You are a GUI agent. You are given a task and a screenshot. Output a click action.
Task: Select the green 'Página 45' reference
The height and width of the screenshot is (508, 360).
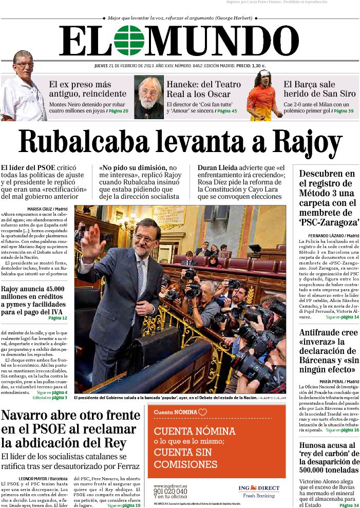coord(226,111)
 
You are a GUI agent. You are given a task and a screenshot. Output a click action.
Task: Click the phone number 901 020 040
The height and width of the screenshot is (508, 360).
coord(170,491)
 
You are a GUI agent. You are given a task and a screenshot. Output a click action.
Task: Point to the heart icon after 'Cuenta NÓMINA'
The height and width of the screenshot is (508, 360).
coord(203,412)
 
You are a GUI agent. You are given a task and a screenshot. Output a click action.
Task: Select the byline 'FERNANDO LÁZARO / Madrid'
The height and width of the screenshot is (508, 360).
coord(330,236)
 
